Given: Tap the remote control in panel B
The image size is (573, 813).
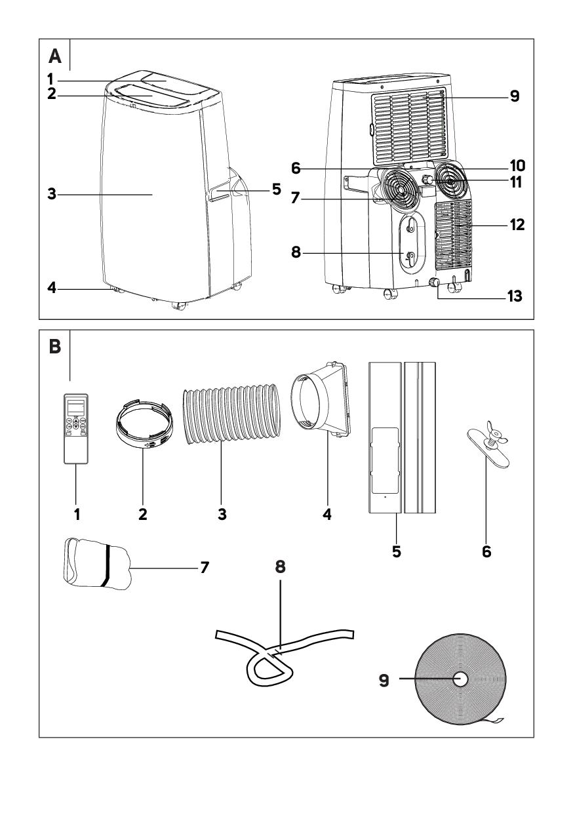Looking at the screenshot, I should (77, 429).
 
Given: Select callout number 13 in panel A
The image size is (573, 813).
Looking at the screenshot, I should (515, 297).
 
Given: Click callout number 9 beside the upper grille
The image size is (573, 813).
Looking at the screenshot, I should (514, 96).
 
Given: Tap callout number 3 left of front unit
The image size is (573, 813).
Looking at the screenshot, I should (52, 195).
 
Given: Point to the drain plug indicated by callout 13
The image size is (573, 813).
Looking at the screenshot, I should (433, 283).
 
